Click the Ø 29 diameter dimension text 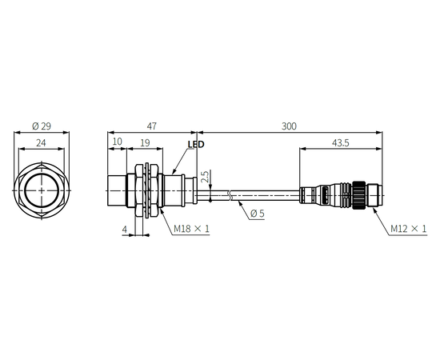(x=42, y=126)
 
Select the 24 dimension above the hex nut (x=41, y=143)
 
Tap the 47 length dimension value (x=151, y=126)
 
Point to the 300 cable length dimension (x=289, y=126)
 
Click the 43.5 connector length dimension (x=340, y=143)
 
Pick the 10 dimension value (x=117, y=142)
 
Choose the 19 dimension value (x=145, y=143)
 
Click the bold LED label (x=196, y=144)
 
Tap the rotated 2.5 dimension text (x=206, y=177)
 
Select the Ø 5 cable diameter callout (x=257, y=214)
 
